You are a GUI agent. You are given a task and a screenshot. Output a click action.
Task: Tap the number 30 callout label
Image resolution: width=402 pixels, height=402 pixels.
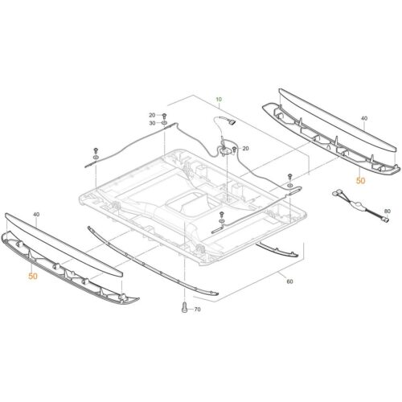point(152,123)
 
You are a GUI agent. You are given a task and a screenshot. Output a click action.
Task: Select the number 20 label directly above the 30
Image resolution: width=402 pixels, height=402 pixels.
point(152,115)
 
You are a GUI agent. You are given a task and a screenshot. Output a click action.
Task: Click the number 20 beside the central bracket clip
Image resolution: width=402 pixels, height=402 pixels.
point(245,149)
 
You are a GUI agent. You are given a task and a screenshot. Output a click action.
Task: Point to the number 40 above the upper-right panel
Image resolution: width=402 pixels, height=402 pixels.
point(364,118)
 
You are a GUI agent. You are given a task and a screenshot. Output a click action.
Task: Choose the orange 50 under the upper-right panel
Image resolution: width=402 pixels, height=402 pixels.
point(360,181)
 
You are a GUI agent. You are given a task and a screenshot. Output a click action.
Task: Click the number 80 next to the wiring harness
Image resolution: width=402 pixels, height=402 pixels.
point(387,211)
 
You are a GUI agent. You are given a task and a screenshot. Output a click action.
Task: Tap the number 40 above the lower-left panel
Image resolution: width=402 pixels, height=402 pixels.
point(35,215)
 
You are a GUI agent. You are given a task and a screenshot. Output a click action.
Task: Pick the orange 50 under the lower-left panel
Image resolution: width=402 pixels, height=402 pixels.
point(33,277)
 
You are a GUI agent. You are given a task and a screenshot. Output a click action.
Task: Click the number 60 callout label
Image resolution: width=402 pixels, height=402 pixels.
point(289,282)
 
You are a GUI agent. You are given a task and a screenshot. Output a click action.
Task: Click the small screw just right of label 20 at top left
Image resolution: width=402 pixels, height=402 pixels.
point(165,116)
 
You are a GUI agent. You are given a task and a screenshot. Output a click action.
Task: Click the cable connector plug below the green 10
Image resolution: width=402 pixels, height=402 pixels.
point(231,122)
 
